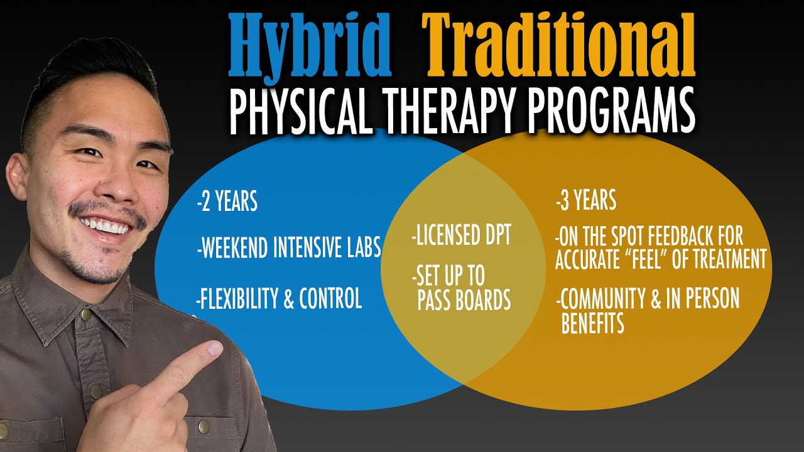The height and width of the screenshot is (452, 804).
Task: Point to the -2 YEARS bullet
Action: pyautogui.click(x=227, y=202)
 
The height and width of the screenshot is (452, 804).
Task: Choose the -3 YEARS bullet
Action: pyautogui.click(x=585, y=201)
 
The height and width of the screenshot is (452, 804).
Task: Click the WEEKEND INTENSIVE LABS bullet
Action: pyautogui.click(x=289, y=249)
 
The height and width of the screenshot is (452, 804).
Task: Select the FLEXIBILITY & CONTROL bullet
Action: pyautogui.click(x=279, y=299)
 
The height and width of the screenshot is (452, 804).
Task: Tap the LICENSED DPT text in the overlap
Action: pyautogui.click(x=462, y=237)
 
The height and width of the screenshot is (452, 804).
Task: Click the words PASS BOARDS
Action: pyautogui.click(x=464, y=301)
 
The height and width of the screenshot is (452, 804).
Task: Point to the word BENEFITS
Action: pyautogui.click(x=592, y=323)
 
